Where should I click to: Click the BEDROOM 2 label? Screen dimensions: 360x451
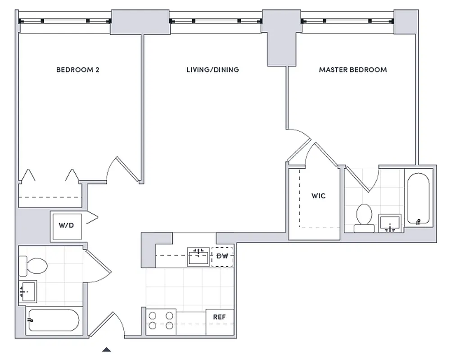77,70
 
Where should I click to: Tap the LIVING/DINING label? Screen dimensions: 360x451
212,70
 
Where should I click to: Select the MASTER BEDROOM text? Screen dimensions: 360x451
352,70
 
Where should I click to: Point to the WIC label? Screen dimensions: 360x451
318,196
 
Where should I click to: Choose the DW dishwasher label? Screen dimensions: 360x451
222,256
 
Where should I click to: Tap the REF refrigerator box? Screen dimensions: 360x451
219,317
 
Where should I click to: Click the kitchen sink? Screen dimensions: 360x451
198,257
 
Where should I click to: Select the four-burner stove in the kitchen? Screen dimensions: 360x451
161,321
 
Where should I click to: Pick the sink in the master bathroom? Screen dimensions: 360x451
390,223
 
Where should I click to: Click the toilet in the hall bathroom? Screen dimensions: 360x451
33,266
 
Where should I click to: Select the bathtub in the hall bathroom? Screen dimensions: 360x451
53,320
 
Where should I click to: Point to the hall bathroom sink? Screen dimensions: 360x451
28,292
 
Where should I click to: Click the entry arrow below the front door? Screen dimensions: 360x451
106,349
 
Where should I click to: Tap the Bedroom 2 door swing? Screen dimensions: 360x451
119,171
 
